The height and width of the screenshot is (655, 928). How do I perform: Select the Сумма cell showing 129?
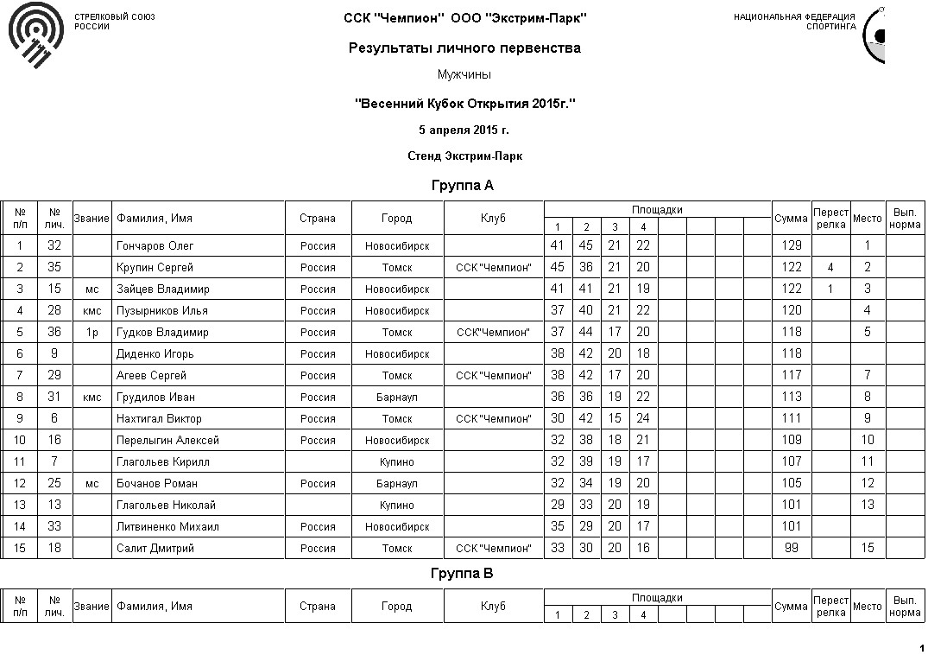[x=791, y=246]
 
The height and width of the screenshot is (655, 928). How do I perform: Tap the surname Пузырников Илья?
[x=161, y=311]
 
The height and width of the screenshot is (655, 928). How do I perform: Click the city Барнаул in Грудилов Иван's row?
[x=397, y=397]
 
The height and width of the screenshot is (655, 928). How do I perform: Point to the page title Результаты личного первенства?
[x=464, y=48]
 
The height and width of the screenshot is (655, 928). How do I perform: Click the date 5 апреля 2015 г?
[x=464, y=130]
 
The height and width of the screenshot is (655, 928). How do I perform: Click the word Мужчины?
[x=464, y=75]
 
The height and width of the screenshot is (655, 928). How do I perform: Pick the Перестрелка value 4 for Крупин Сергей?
[x=830, y=268]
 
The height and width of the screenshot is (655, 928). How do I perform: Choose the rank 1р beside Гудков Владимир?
[x=92, y=333]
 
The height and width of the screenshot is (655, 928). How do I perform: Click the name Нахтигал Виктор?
[x=159, y=419]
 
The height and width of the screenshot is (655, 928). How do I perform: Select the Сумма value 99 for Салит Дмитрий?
[x=791, y=549]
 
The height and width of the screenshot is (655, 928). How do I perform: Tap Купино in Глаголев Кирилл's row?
[x=397, y=462]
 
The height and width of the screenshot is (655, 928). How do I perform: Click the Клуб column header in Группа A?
[x=493, y=219]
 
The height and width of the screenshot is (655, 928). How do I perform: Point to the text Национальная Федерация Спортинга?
[x=795, y=22]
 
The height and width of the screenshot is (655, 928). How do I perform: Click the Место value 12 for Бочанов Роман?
[x=868, y=484]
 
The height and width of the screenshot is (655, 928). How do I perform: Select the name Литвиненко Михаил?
[x=167, y=527]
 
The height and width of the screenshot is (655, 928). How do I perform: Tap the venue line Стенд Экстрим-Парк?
[x=464, y=156]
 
